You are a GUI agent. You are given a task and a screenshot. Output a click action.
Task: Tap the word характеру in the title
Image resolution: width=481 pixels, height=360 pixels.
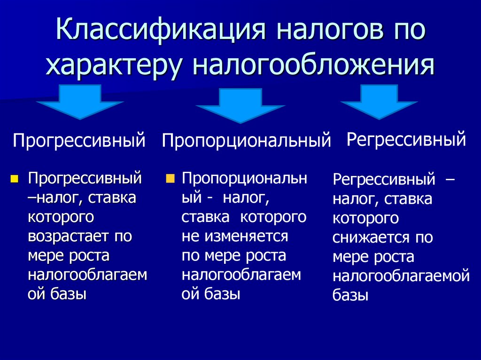(x=113, y=66)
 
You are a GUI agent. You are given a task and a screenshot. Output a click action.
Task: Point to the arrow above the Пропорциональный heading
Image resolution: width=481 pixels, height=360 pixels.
(x=240, y=105)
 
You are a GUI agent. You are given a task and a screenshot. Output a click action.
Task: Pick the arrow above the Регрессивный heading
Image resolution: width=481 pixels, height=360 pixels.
(x=379, y=101)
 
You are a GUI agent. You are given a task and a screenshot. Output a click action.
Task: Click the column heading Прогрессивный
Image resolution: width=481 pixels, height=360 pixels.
(x=79, y=140)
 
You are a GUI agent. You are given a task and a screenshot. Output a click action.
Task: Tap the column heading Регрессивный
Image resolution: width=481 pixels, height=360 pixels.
(x=406, y=139)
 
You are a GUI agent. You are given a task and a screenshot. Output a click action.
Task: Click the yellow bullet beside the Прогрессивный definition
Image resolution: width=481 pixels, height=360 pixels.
(x=15, y=178)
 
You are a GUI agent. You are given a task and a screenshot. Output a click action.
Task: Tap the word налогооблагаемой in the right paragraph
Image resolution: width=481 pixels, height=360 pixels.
(x=401, y=276)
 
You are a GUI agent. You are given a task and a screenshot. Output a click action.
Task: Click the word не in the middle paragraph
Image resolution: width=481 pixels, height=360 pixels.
(x=190, y=236)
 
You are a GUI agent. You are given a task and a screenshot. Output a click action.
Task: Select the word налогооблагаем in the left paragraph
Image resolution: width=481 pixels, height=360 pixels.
(x=87, y=275)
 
